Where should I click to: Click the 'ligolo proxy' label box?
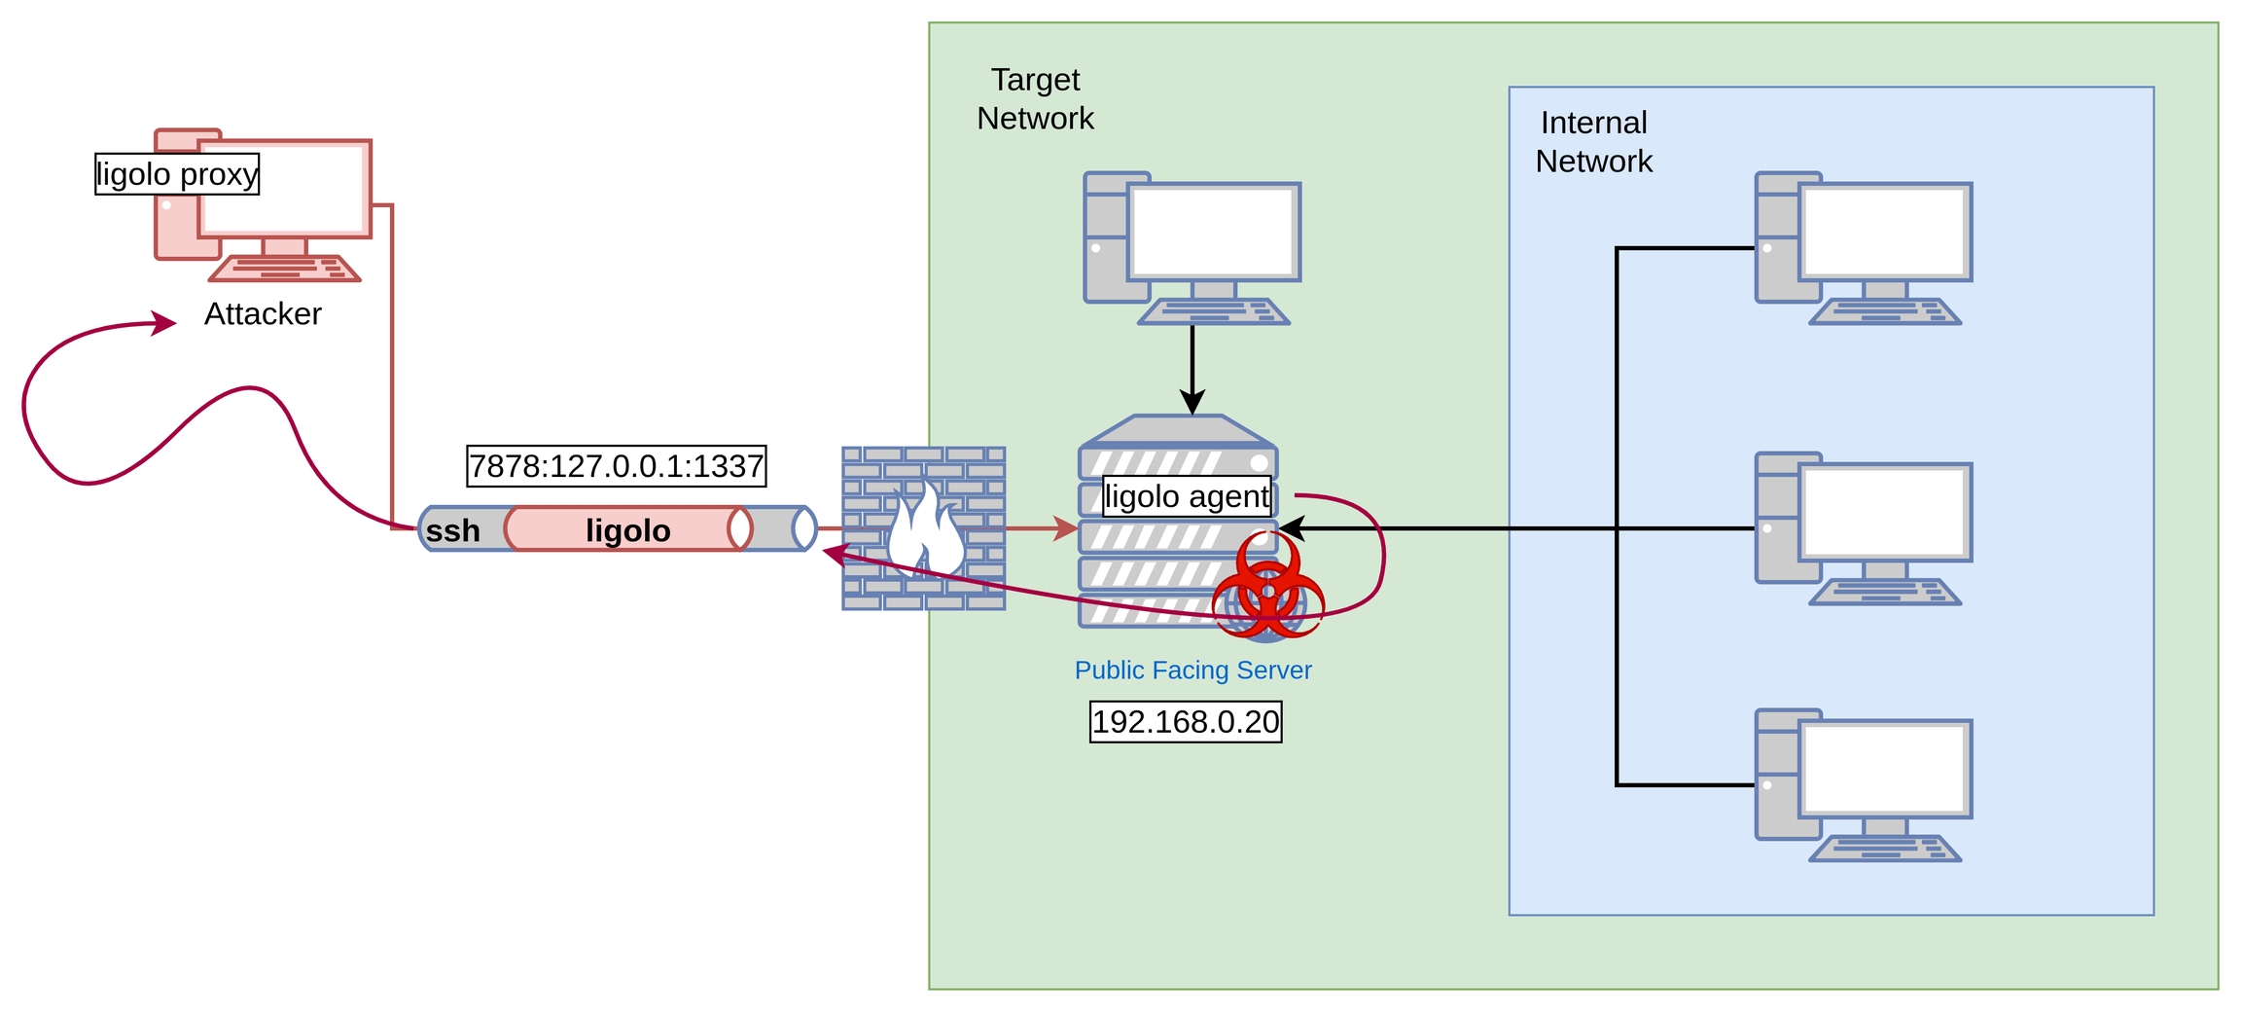click(x=177, y=174)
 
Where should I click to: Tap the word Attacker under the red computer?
click(x=263, y=313)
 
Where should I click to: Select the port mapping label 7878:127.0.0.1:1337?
click(x=617, y=466)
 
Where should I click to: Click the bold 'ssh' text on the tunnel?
click(x=453, y=530)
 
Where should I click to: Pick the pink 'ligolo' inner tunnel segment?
click(x=628, y=529)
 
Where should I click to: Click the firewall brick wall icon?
click(x=923, y=528)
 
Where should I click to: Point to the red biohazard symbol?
click(x=1267, y=587)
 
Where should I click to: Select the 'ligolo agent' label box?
click(x=1187, y=496)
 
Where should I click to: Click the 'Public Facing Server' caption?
click(x=1192, y=670)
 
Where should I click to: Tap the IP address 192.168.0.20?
click(x=1186, y=722)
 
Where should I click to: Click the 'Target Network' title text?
click(x=1035, y=98)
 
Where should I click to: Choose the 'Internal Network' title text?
click(x=1593, y=142)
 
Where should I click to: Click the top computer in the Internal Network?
click(x=1863, y=248)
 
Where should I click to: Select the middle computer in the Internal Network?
click(x=1863, y=528)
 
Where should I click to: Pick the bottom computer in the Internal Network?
click(x=1863, y=785)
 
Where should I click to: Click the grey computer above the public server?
click(x=1192, y=248)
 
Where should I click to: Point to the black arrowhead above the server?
click(x=1192, y=402)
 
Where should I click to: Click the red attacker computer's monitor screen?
click(x=285, y=189)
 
